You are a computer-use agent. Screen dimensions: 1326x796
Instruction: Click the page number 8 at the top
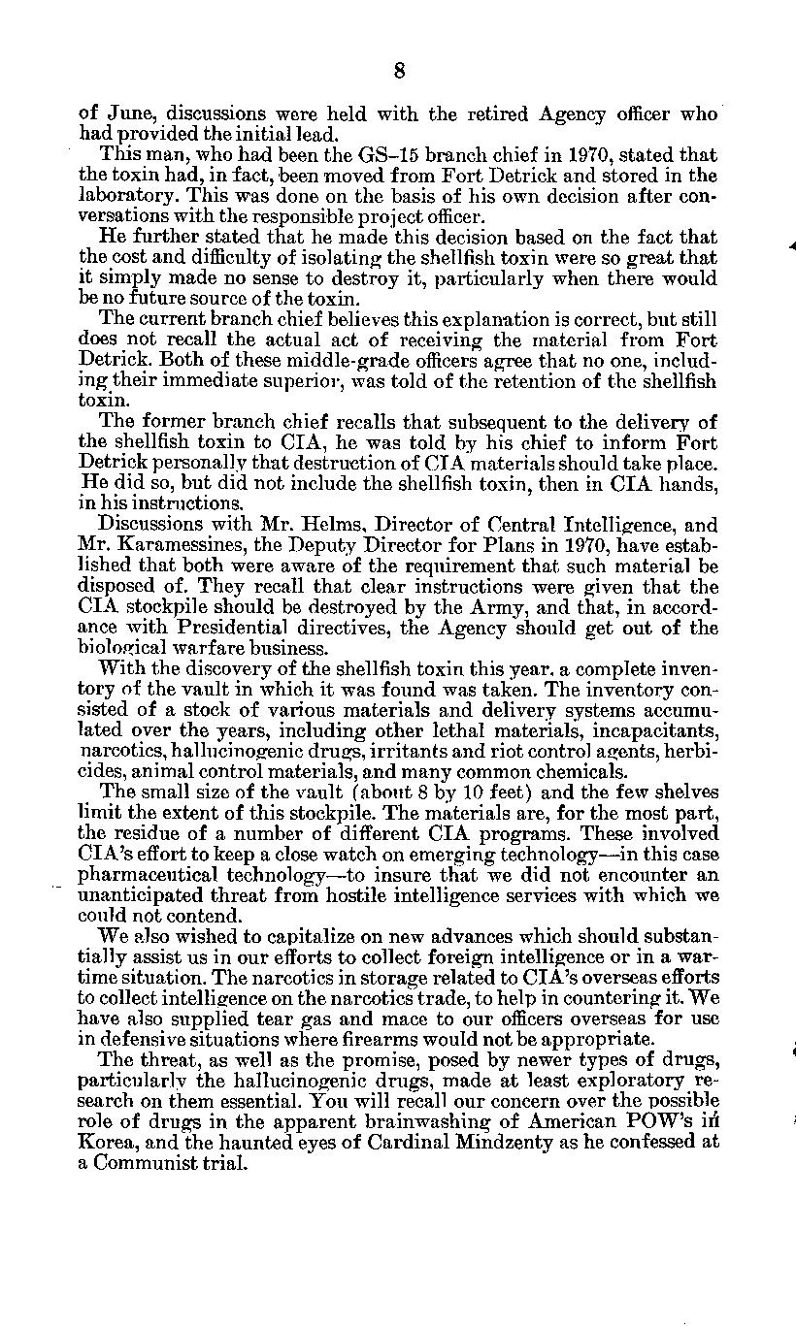398,70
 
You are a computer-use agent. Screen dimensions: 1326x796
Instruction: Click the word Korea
103,1142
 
